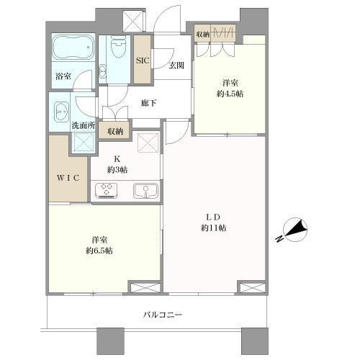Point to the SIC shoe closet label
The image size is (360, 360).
click(x=143, y=60)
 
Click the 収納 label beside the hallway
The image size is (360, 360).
click(x=115, y=131)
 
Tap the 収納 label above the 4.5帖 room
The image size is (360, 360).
click(x=202, y=34)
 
